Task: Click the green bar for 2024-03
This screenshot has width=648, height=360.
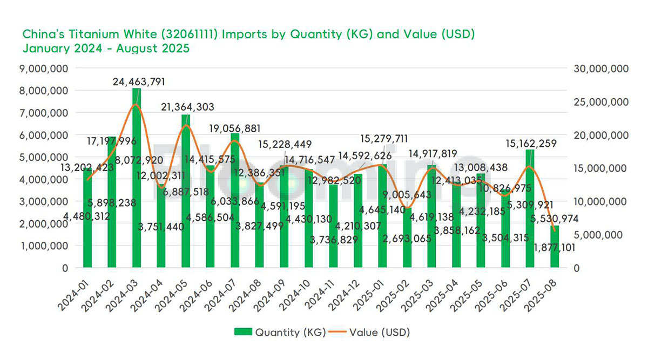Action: point(136,178)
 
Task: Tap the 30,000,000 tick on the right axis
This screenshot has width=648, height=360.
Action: point(599,69)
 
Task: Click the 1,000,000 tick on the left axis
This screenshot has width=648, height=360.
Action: point(45,246)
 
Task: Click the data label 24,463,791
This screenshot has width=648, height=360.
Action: point(139,82)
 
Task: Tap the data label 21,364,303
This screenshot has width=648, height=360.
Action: point(188,107)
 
